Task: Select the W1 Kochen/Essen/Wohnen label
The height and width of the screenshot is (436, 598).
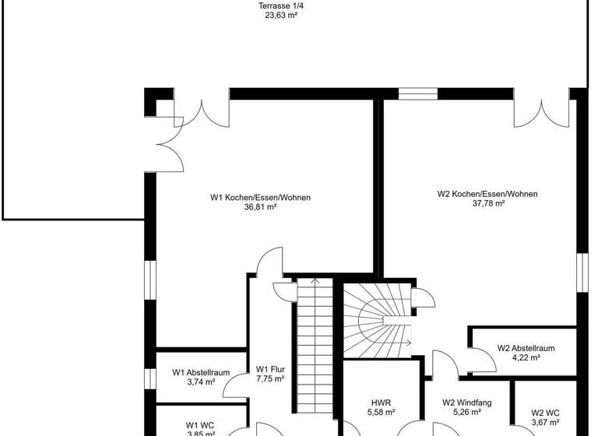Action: [260, 198]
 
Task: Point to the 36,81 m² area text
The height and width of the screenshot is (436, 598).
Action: [260, 208]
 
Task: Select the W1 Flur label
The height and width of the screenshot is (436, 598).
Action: [271, 369]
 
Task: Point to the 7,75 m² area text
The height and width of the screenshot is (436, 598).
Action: [271, 379]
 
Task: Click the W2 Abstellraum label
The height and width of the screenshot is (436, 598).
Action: [526, 348]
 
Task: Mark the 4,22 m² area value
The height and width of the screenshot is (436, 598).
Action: [526, 358]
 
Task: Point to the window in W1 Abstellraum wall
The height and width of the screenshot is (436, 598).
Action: [150, 378]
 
